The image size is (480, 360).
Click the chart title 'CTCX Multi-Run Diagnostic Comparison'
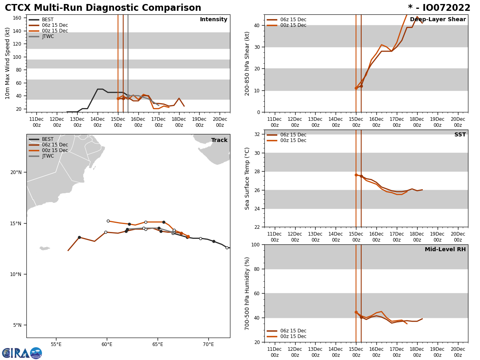tap(103, 8)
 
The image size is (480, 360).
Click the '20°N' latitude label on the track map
tap(16, 172)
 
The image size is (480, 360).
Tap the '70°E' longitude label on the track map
tap(208, 344)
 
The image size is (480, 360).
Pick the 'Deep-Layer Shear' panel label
tap(438, 20)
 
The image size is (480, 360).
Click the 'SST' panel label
tap(460, 135)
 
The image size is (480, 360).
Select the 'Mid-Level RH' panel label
tap(445, 250)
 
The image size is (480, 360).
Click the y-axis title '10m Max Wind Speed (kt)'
tap(8, 63)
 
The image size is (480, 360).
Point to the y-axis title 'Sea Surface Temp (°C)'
tap(247, 178)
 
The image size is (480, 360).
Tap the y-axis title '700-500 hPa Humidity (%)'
tap(247, 293)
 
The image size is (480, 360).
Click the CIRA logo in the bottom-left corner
tap(22, 353)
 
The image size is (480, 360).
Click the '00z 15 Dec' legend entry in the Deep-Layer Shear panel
tap(293, 25)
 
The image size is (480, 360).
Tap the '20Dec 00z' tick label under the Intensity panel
tap(220, 122)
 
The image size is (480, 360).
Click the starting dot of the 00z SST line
tap(356, 175)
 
